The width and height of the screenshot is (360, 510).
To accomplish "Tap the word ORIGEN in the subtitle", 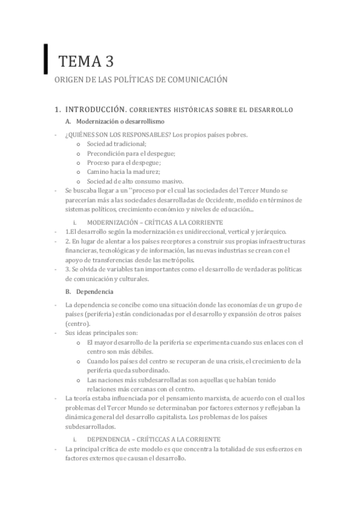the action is [68, 79].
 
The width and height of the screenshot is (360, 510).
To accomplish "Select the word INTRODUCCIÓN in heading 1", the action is [95, 110].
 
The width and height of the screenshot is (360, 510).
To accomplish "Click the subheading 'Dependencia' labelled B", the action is [96, 292].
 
